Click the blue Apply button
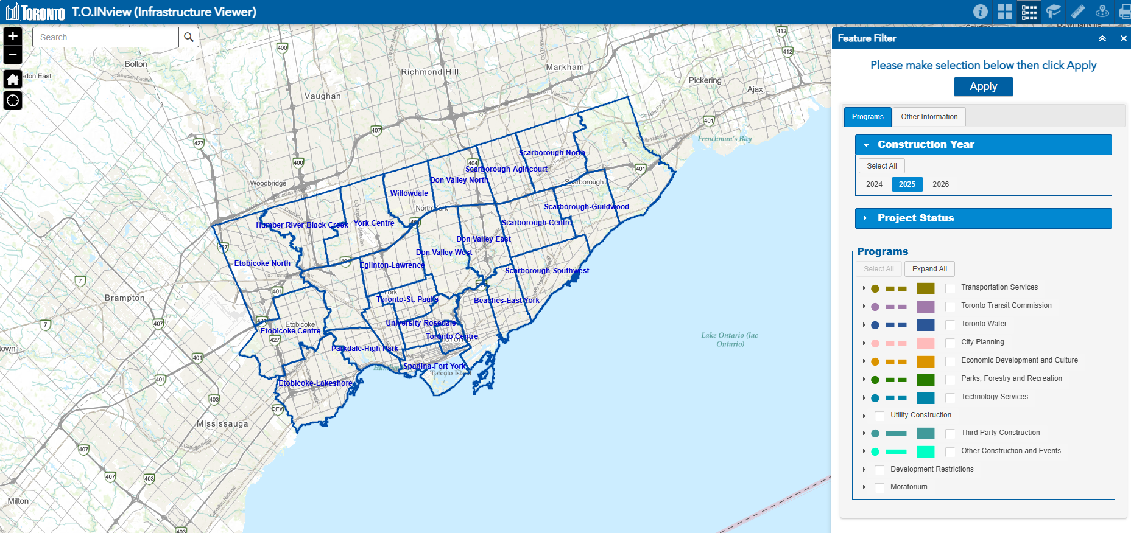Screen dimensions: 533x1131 tap(983, 86)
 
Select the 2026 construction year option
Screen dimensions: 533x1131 tap(940, 184)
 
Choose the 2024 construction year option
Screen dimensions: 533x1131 tap(874, 184)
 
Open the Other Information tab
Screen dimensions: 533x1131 tap(929, 117)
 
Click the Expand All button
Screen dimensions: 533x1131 tap(929, 269)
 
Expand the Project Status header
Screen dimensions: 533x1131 tap(983, 218)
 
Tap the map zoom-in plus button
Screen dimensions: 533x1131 tap(13, 36)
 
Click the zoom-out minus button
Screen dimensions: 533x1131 tap(13, 55)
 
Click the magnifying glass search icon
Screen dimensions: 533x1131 tap(189, 37)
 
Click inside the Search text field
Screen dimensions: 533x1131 tap(105, 37)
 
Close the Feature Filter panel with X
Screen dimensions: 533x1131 tap(1123, 38)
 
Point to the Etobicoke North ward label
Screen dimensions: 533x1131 tap(262, 263)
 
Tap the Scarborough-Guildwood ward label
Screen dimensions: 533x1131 tap(586, 207)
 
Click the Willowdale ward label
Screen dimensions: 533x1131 tap(409, 193)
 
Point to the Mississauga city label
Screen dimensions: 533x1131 tap(222, 423)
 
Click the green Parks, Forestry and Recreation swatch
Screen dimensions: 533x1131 tap(925, 380)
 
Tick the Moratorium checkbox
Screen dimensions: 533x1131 tap(879, 488)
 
